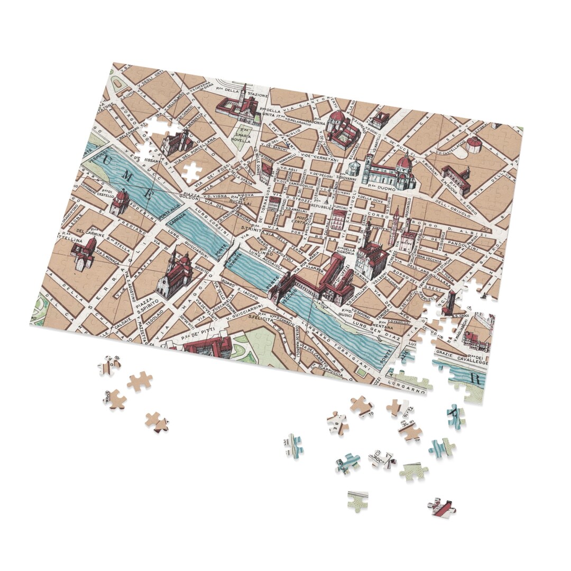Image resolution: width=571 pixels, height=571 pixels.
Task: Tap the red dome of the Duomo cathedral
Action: pyautogui.click(x=404, y=163)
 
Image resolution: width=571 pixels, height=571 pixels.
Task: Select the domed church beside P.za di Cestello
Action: pyautogui.click(x=119, y=201)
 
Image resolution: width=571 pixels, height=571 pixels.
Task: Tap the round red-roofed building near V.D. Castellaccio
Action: pyautogui.click(x=474, y=143)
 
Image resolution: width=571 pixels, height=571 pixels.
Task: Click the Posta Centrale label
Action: pyautogui.click(x=301, y=222)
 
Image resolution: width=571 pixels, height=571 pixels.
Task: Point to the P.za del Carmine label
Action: pyautogui.click(x=73, y=232)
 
